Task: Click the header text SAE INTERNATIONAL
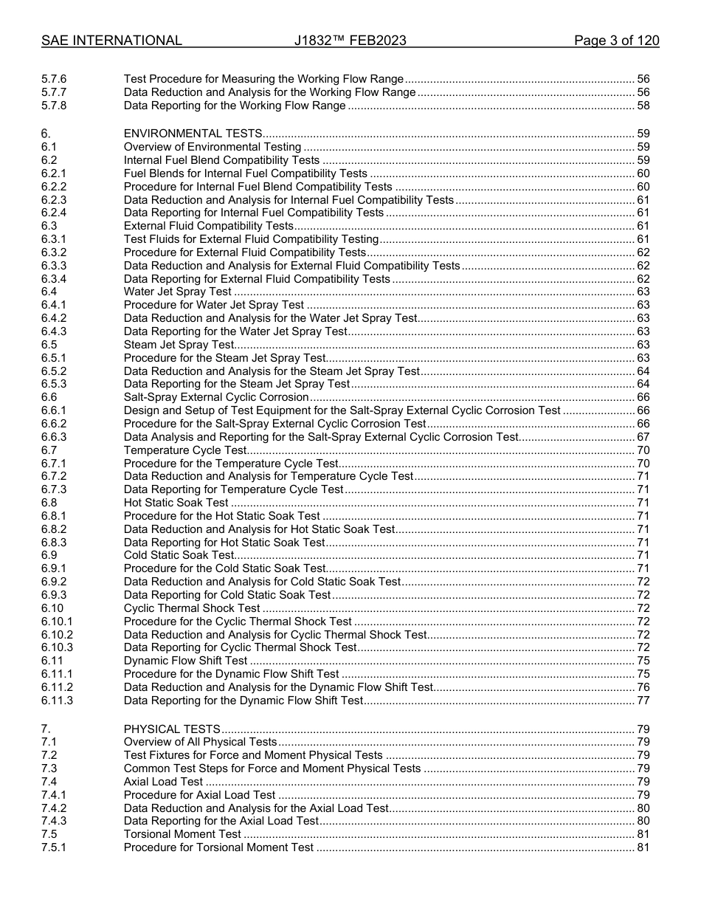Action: point(111,41)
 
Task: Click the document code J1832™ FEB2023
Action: point(350,41)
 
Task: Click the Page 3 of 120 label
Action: point(616,41)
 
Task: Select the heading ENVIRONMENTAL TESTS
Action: point(193,134)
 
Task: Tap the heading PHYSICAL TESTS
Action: point(172,729)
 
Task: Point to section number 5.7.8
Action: point(54,106)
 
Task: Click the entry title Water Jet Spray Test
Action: point(178,292)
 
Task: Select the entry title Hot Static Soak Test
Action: point(176,503)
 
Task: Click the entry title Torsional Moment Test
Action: point(182,835)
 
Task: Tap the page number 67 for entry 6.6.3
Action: point(643,438)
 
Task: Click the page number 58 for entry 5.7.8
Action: point(643,106)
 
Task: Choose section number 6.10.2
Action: point(57,636)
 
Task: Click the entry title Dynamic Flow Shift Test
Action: point(186,661)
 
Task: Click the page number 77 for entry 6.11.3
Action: point(643,701)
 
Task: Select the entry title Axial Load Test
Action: point(163,782)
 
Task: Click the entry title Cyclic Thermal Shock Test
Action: point(192,609)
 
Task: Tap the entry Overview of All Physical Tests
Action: point(201,743)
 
